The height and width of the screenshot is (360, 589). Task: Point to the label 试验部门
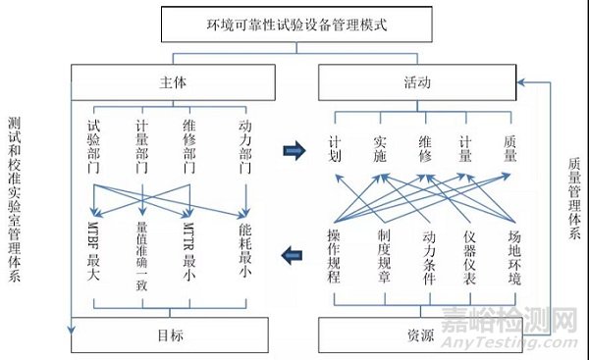(x=94, y=147)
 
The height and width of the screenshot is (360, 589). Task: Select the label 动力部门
(x=242, y=147)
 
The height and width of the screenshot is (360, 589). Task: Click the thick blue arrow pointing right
(x=291, y=150)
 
